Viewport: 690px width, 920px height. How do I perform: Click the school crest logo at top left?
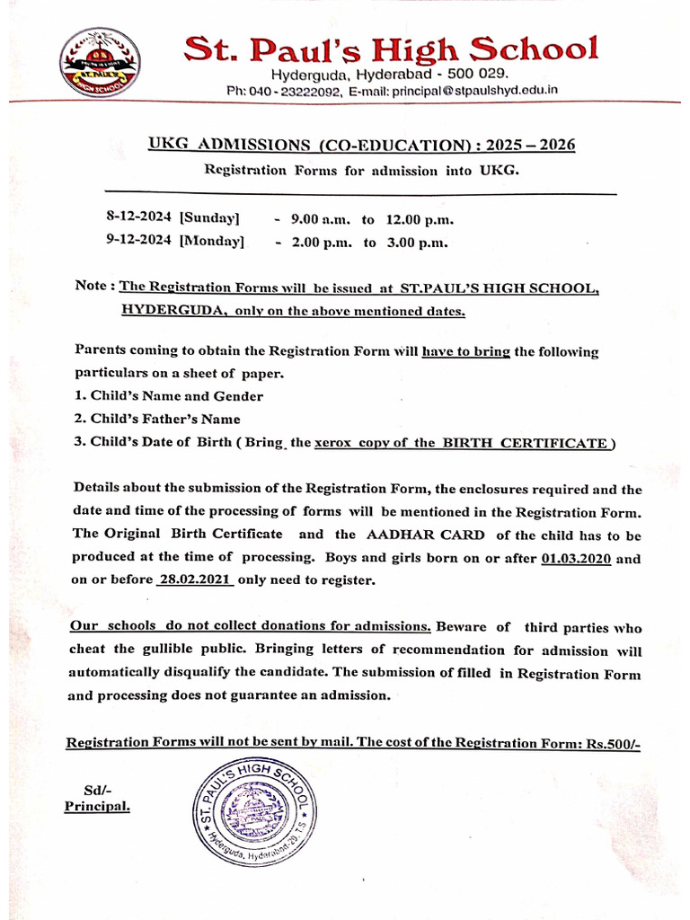pyautogui.click(x=100, y=63)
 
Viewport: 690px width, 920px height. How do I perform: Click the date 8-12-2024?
pyautogui.click(x=140, y=218)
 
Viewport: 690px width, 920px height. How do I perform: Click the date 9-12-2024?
pyautogui.click(x=140, y=241)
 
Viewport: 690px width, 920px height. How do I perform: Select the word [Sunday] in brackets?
pyautogui.click(x=209, y=218)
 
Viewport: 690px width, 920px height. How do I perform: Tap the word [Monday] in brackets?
pyautogui.click(x=212, y=241)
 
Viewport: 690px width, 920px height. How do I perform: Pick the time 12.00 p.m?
pyautogui.click(x=420, y=219)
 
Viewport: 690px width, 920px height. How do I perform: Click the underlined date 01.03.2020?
pyautogui.click(x=577, y=557)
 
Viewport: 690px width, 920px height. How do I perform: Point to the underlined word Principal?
pyautogui.click(x=97, y=807)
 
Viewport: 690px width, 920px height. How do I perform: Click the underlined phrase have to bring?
pyautogui.click(x=466, y=352)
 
